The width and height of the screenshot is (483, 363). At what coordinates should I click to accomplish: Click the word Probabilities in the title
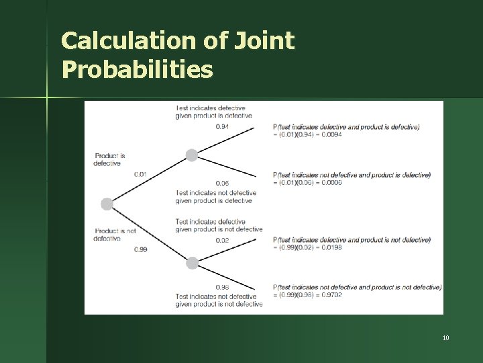point(137,69)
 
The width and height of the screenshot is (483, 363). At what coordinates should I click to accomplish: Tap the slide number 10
point(445,337)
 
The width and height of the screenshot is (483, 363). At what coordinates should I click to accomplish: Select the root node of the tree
point(107,204)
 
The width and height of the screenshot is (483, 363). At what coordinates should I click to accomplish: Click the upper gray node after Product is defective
point(192,155)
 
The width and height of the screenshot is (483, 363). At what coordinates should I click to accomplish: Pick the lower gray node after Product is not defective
point(192,263)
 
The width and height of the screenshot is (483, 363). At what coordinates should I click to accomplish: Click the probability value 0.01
point(140,174)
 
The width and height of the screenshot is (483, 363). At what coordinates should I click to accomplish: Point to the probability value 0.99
point(140,249)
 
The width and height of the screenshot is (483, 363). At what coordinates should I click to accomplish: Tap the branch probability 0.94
point(222,126)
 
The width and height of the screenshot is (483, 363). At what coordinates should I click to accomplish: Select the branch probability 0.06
point(222,183)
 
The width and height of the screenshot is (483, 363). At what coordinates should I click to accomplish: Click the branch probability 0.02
point(222,240)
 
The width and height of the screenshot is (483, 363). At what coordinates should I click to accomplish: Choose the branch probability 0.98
point(222,287)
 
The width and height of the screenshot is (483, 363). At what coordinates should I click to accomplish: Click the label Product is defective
point(109,159)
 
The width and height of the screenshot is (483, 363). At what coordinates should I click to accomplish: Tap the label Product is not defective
point(115,235)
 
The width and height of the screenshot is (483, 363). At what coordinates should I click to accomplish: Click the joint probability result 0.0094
point(331,134)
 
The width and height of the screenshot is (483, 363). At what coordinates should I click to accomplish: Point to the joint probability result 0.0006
point(331,183)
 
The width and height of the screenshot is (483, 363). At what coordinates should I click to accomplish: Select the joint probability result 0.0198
point(331,247)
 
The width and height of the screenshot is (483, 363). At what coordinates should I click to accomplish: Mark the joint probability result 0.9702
point(331,295)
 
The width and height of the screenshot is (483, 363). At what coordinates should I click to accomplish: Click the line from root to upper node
point(149,179)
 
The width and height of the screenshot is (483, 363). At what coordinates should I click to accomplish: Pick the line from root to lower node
point(149,233)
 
